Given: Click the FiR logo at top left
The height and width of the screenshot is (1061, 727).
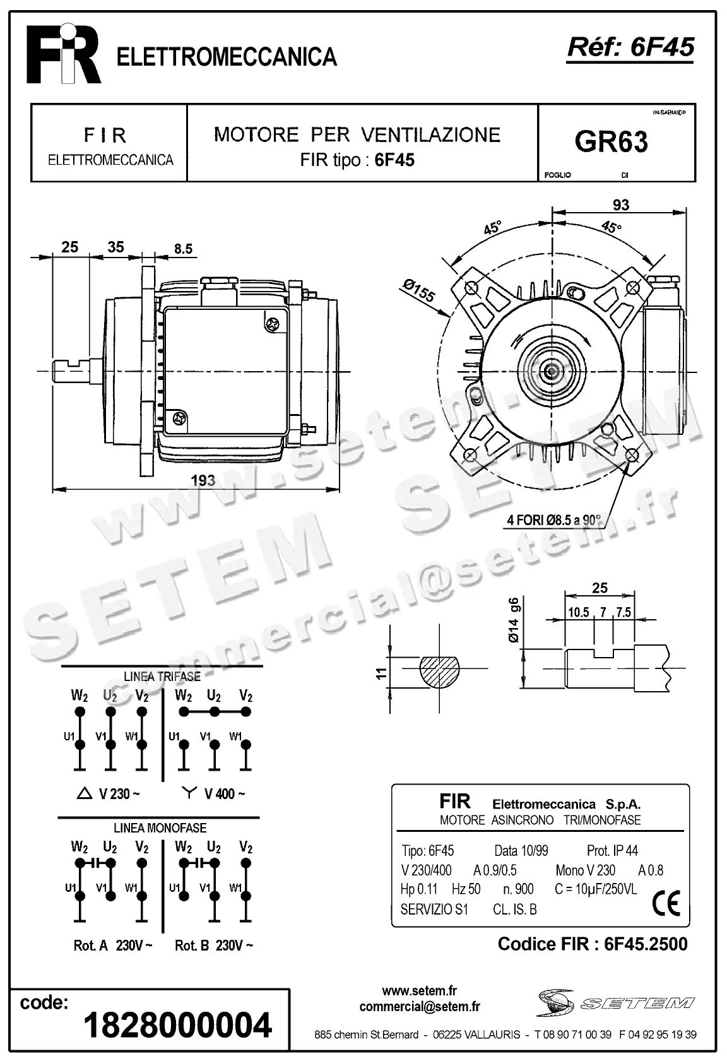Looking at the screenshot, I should pos(63,56).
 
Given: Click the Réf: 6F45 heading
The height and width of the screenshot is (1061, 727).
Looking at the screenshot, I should pos(630,47).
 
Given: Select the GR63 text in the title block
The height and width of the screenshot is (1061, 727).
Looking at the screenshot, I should pos(611,143).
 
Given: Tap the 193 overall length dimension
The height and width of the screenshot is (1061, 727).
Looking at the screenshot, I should pos(203,480).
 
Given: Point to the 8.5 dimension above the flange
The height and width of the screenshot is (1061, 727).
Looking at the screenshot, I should pos(183,249).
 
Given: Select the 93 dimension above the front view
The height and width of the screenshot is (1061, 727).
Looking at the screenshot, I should pos(620,205).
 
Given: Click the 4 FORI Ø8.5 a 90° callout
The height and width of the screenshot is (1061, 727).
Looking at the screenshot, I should pos(554,521).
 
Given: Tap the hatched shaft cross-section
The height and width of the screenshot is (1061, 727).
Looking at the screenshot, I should pos(440,669).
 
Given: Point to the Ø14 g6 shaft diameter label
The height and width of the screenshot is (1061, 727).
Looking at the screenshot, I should pos(514,619).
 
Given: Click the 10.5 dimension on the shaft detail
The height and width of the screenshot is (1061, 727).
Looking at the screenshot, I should pos(578,612).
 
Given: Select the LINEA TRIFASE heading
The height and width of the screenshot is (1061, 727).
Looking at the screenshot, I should pos(162,676).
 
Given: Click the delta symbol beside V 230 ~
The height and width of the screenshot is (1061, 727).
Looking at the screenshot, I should pos(83,793).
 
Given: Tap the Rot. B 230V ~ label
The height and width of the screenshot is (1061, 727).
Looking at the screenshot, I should pos(214,945).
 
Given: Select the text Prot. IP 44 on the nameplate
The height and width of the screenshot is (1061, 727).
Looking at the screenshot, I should pos(612,851).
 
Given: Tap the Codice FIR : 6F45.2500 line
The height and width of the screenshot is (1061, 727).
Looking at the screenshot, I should pos(592,944).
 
